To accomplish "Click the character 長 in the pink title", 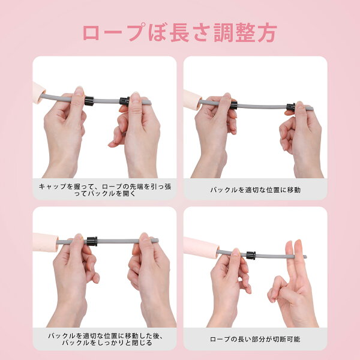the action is tap(179, 32).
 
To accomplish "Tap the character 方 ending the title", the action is tap(267, 32).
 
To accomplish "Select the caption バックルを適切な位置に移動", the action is tap(256, 190).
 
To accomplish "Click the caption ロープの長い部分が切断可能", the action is tap(255, 339).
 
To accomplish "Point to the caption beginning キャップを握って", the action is tap(105, 190).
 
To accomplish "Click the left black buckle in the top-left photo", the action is tap(89, 101).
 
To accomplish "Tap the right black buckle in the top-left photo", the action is tap(124, 101).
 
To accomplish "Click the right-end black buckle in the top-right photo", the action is tap(290, 107).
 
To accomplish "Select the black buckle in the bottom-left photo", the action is tap(92, 241).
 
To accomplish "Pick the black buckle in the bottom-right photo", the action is tap(251, 256).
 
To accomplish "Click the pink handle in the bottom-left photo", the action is tap(46, 242).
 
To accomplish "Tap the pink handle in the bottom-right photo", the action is tap(201, 248).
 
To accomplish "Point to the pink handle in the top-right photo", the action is tap(193, 100).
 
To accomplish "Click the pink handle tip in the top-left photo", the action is tap(39, 92).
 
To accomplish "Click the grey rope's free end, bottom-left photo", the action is tap(157, 241).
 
